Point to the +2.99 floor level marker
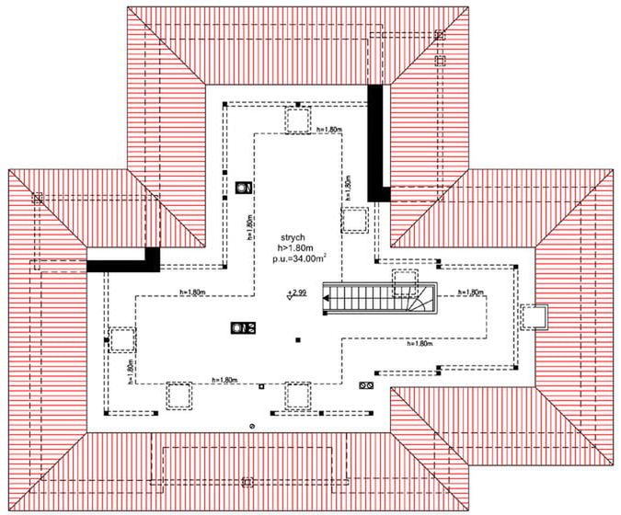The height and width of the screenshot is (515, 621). pyautogui.click(x=295, y=293)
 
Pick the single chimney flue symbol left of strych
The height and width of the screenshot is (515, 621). pyautogui.click(x=243, y=188)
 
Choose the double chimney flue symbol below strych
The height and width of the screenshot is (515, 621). pyautogui.click(x=243, y=327)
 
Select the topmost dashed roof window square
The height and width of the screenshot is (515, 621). pyautogui.click(x=297, y=120)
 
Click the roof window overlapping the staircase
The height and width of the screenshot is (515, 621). pyautogui.click(x=406, y=283)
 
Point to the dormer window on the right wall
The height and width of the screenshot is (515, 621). pyautogui.click(x=534, y=316)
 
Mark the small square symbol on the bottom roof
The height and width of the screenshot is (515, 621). pyautogui.click(x=247, y=481)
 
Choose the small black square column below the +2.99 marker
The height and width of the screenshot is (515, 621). pyautogui.click(x=300, y=341)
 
